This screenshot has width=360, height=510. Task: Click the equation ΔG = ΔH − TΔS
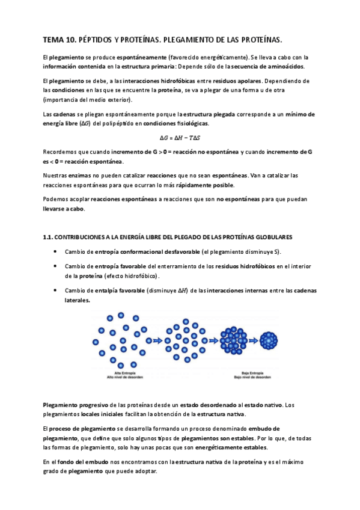(x=179, y=137)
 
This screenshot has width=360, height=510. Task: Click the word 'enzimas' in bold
(x=73, y=175)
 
